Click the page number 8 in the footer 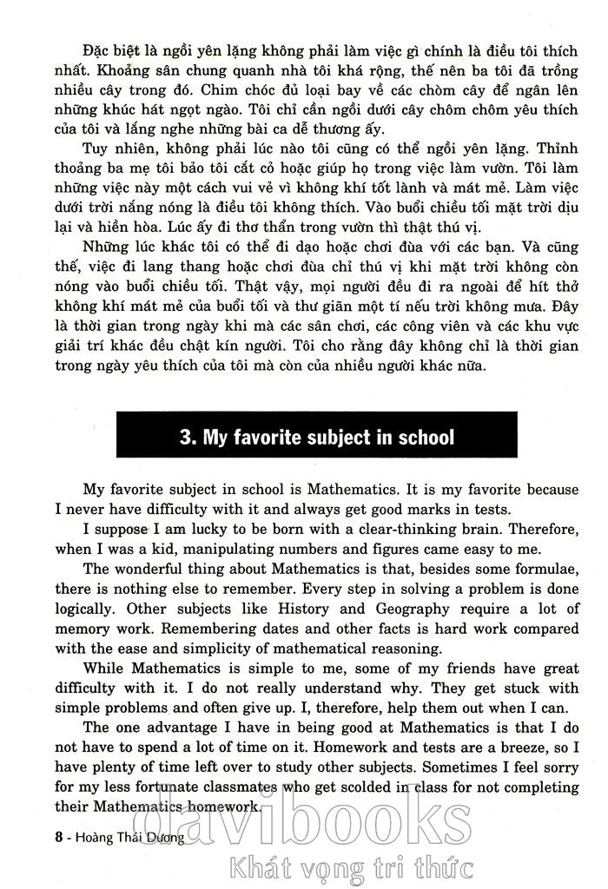[x=33, y=839]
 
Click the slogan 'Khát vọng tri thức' [x=348, y=866]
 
